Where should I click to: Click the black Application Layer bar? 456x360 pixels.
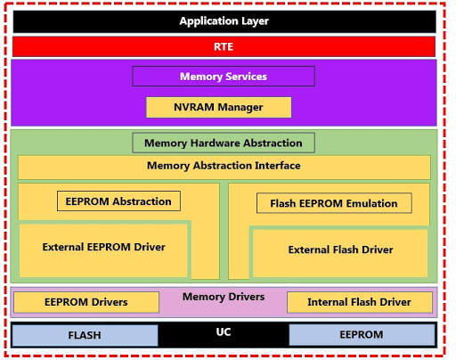click(x=224, y=20)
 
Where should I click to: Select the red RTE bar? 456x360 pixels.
click(x=224, y=46)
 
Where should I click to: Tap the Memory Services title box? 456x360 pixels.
click(x=224, y=77)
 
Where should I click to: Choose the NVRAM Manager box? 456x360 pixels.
click(x=219, y=108)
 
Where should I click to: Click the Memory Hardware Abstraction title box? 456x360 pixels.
click(x=224, y=143)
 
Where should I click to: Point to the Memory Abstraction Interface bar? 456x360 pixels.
click(x=224, y=167)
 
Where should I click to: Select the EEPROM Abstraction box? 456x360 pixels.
click(x=118, y=201)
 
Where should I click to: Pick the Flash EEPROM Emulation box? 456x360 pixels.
click(x=334, y=203)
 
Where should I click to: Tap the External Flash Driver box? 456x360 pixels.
click(x=340, y=250)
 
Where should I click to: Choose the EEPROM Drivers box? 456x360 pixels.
click(x=85, y=302)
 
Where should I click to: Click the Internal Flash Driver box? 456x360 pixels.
click(x=359, y=302)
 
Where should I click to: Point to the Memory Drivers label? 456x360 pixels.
click(x=224, y=297)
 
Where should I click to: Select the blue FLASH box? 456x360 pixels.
click(x=85, y=335)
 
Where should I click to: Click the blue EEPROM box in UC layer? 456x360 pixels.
click(x=362, y=335)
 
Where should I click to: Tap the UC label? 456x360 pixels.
click(x=224, y=331)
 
